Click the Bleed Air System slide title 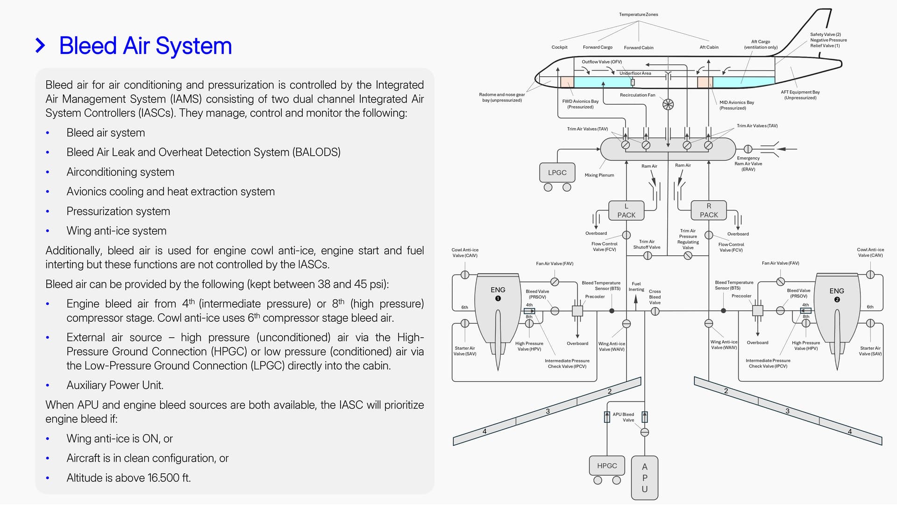145,46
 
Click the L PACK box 626,210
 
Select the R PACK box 708,210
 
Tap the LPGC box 557,173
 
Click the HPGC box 607,466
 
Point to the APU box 644,477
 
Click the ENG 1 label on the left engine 498,293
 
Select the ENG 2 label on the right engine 836,294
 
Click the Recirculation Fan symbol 668,104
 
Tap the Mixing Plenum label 599,175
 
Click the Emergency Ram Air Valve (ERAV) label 748,164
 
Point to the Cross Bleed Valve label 655,297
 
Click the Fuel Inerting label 636,287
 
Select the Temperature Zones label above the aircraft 638,14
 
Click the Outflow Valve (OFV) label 601,62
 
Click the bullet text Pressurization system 118,211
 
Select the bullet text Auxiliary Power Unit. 114,385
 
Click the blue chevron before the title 41,46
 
